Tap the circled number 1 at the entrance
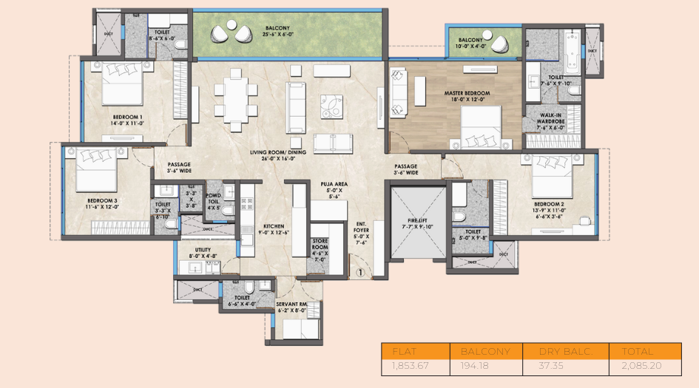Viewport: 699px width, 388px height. click(359, 272)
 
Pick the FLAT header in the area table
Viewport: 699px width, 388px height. click(405, 351)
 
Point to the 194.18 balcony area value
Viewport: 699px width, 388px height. click(485, 366)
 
